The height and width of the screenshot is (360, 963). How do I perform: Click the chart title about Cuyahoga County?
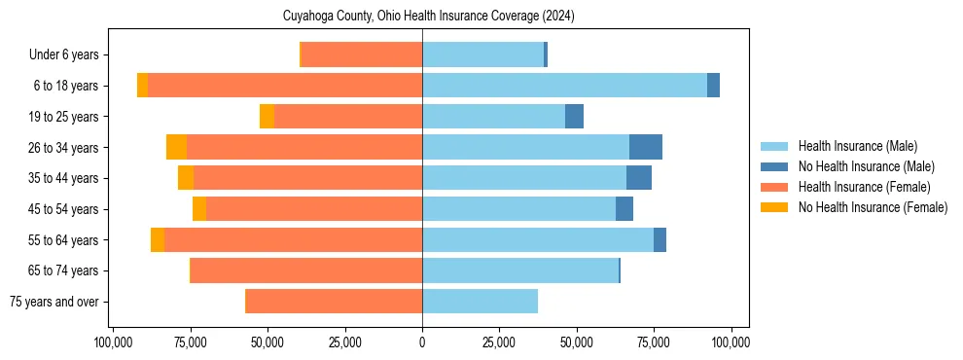[422, 17]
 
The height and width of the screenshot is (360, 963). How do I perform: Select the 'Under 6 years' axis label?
[70, 55]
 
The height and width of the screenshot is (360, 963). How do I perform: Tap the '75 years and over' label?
[59, 302]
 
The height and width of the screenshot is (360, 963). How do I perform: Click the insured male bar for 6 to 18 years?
[564, 86]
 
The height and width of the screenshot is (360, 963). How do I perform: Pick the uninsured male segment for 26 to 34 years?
[646, 147]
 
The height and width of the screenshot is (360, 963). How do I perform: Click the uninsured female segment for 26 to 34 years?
[176, 147]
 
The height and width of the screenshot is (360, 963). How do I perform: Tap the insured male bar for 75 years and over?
[480, 302]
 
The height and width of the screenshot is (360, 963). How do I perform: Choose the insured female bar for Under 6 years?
[362, 55]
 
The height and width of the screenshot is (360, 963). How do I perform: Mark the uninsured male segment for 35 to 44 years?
[639, 178]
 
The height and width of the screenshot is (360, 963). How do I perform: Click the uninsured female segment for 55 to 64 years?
[158, 239]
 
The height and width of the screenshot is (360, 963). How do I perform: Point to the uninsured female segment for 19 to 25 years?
[267, 117]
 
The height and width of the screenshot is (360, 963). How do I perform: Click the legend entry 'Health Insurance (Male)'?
[857, 146]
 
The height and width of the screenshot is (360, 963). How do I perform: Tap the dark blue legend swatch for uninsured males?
[774, 166]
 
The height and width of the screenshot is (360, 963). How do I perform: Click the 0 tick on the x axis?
[422, 342]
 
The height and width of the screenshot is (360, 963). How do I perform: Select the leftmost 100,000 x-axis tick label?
[114, 342]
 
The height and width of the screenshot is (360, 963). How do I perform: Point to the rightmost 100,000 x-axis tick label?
[731, 342]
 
